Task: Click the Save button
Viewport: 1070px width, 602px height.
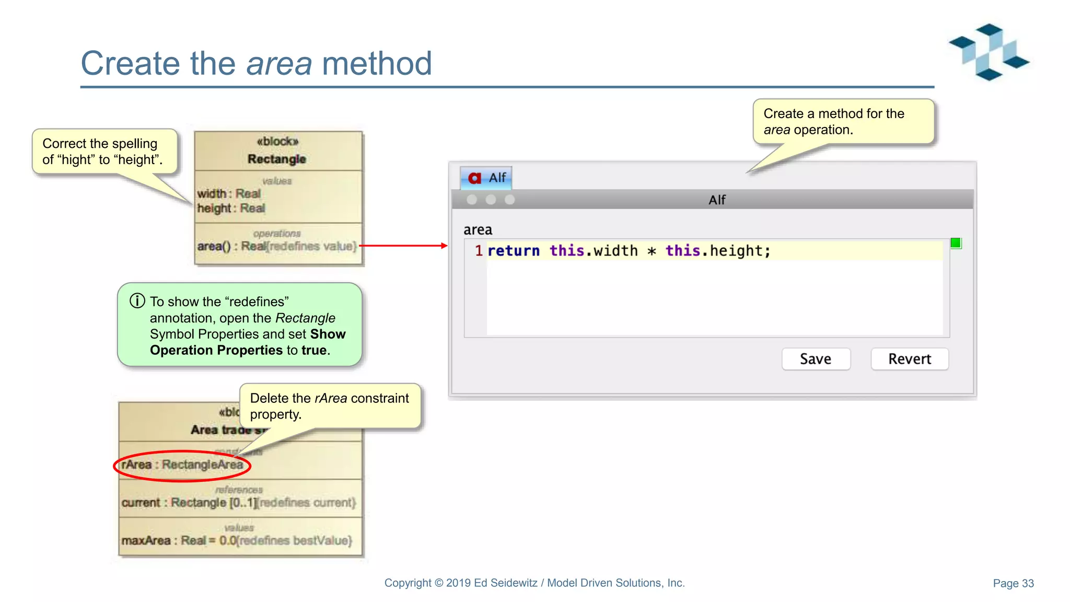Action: pyautogui.click(x=816, y=359)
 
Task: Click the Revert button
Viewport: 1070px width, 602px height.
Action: pyautogui.click(x=909, y=359)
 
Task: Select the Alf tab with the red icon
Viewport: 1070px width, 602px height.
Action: pyautogui.click(x=486, y=178)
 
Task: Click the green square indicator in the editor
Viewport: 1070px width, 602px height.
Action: pyautogui.click(x=956, y=243)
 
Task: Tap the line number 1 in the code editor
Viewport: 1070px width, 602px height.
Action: pyautogui.click(x=478, y=251)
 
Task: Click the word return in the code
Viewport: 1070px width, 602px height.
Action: pyautogui.click(x=513, y=251)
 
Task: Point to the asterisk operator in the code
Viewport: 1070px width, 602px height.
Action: pyautogui.click(x=652, y=251)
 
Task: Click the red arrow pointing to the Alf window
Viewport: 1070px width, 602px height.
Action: pyautogui.click(x=403, y=245)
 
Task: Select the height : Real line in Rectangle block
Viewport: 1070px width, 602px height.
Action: pyautogui.click(x=231, y=209)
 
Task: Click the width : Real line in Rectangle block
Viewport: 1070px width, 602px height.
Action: pyautogui.click(x=229, y=194)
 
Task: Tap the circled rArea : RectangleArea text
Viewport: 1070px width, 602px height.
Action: pyautogui.click(x=182, y=465)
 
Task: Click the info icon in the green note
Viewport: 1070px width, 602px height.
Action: pyautogui.click(x=137, y=301)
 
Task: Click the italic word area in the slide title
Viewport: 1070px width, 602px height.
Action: pyautogui.click(x=279, y=64)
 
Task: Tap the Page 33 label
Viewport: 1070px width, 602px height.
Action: pyautogui.click(x=1013, y=583)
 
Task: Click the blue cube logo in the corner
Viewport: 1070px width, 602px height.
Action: pyautogui.click(x=988, y=52)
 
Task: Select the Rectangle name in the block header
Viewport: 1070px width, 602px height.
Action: pyautogui.click(x=277, y=159)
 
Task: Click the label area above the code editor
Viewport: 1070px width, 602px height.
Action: pyautogui.click(x=478, y=230)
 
